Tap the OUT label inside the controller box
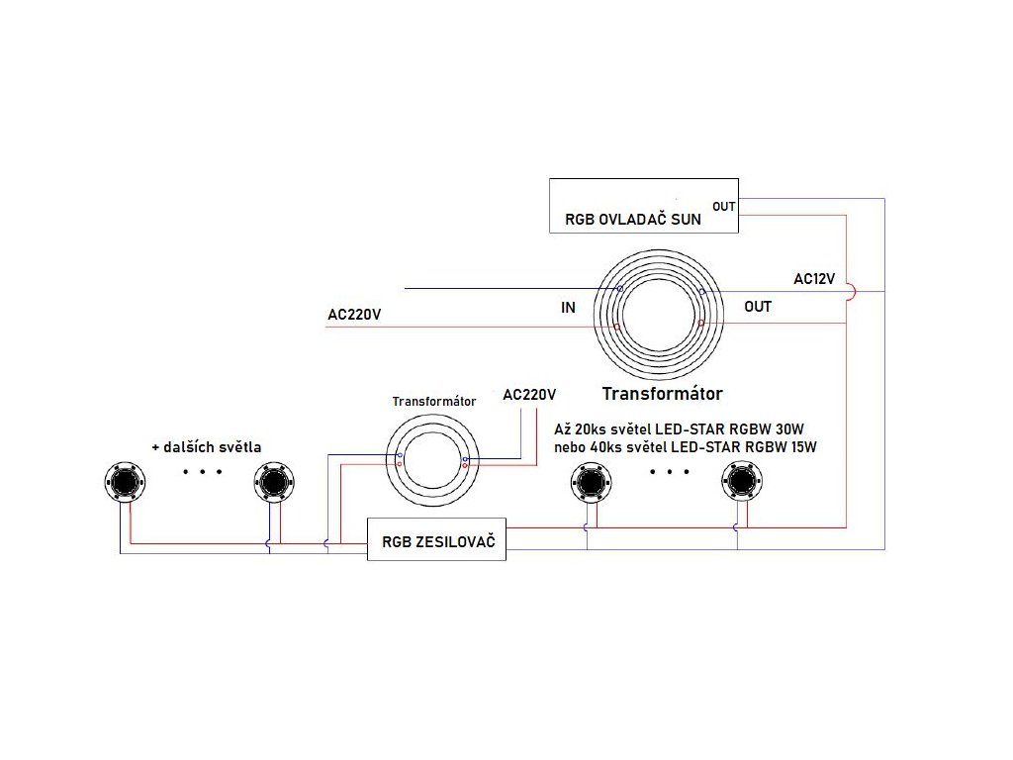724,206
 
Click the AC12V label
814,278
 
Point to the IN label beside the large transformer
568,308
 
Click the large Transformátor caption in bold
662,393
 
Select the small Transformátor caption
434,402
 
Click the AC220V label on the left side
354,316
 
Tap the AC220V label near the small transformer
529,394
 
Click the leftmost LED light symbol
126,481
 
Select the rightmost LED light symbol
741,482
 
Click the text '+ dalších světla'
206,447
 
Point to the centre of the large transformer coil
660,307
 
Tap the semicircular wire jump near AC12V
854,292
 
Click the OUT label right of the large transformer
758,307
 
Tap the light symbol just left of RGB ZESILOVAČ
272,481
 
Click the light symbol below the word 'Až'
590,482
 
